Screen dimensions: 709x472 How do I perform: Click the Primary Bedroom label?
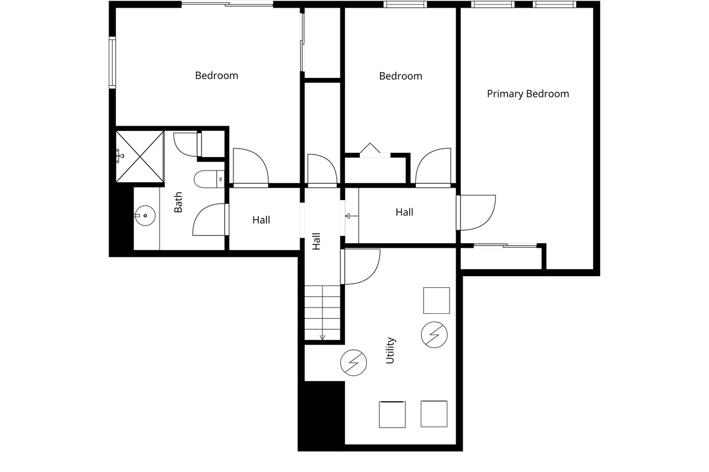coord(528,94)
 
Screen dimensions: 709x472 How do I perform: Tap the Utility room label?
coord(391,350)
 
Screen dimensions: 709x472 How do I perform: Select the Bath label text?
coord(178,202)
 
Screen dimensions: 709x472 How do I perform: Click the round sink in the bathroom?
coord(145,215)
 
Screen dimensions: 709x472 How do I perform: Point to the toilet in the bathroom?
coord(209,179)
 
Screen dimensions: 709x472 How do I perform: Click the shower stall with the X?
coord(139,157)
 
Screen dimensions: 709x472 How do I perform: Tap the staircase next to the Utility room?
coord(322,313)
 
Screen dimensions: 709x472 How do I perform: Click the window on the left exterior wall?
coord(112,63)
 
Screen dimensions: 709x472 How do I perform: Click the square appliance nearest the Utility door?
coord(437,300)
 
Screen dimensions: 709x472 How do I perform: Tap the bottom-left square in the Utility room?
coord(392,414)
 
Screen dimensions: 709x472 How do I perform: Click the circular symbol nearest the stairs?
coord(353,363)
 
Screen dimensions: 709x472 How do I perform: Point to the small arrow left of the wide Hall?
coord(352,217)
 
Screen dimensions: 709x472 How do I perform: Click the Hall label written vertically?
coord(317,241)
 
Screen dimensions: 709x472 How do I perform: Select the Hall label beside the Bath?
coord(261,220)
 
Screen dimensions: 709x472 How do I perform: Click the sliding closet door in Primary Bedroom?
coord(506,245)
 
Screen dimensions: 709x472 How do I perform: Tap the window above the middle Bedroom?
coord(405,5)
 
